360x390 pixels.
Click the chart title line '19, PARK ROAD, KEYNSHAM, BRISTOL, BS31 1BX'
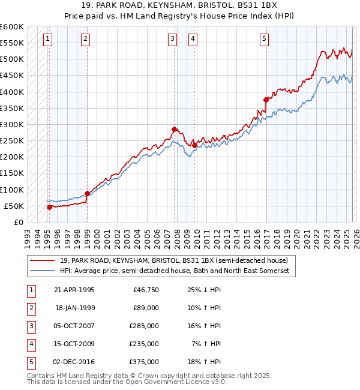click(x=180, y=6)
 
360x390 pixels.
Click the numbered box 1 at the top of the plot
click(x=47, y=40)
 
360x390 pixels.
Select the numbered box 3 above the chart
click(x=172, y=40)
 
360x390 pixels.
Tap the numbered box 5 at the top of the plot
click(x=264, y=40)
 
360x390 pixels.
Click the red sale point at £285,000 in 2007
click(x=174, y=129)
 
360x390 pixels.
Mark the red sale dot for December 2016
click(x=265, y=100)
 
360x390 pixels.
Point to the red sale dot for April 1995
click(x=50, y=207)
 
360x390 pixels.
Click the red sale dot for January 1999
click(x=87, y=193)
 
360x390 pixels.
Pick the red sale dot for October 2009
click(x=194, y=145)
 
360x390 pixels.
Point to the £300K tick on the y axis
click(x=12, y=125)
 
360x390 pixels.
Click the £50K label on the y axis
click(x=14, y=206)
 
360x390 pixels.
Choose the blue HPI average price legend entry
click(x=175, y=271)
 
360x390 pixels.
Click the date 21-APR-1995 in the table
click(x=74, y=290)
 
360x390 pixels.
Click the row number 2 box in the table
click(x=31, y=308)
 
